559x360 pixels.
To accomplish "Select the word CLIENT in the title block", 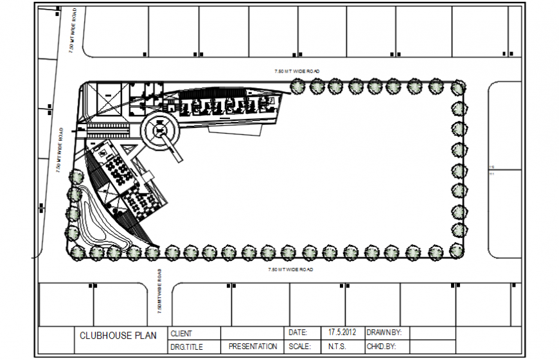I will (181, 334).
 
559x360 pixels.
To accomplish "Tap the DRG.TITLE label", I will (186, 346).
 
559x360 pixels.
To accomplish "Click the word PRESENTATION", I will (253, 346).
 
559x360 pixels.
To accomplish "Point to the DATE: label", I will (297, 333).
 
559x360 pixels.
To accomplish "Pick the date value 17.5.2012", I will (342, 333).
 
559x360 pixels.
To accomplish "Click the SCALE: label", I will (300, 346).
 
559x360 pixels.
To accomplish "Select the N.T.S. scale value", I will (337, 346).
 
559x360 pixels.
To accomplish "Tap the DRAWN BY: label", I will (384, 333).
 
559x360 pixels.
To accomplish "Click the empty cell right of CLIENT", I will (252, 333).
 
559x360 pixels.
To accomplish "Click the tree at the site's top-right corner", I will (458, 87).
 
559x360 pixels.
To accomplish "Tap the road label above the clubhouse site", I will (297, 71).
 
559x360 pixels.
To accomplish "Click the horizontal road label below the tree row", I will (290, 269).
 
